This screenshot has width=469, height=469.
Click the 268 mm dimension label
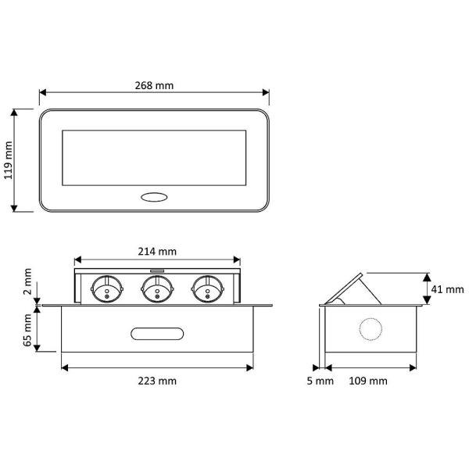pyautogui.click(x=154, y=85)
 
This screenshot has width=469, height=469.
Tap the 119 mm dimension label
pyautogui.click(x=9, y=160)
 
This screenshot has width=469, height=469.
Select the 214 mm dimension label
pyautogui.click(x=157, y=252)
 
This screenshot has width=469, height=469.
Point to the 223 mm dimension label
pyautogui.click(x=157, y=381)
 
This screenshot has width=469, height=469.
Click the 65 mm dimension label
pyautogui.click(x=27, y=330)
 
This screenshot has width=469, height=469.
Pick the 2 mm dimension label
pyautogui.click(x=27, y=281)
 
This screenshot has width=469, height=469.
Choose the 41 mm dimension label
pyautogui.click(x=447, y=289)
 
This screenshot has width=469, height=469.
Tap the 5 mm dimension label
pyautogui.click(x=320, y=381)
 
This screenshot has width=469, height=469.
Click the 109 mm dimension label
pyautogui.click(x=368, y=381)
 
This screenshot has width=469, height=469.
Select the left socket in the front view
pyautogui.click(x=107, y=289)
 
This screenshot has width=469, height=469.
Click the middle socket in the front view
pyautogui.click(x=157, y=289)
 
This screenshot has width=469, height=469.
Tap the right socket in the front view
pyautogui.click(x=208, y=289)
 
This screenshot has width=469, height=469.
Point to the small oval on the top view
pyautogui.click(x=154, y=197)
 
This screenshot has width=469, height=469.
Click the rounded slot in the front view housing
pyautogui.click(x=157, y=334)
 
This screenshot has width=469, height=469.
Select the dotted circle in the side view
pyautogui.click(x=371, y=329)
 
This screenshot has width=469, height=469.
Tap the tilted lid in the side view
pyautogui.click(x=344, y=288)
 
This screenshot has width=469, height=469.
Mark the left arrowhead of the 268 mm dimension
pyautogui.click(x=42, y=92)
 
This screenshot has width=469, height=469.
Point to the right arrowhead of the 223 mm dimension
pyautogui.click(x=250, y=367)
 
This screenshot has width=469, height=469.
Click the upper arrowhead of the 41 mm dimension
pyautogui.click(x=427, y=277)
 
